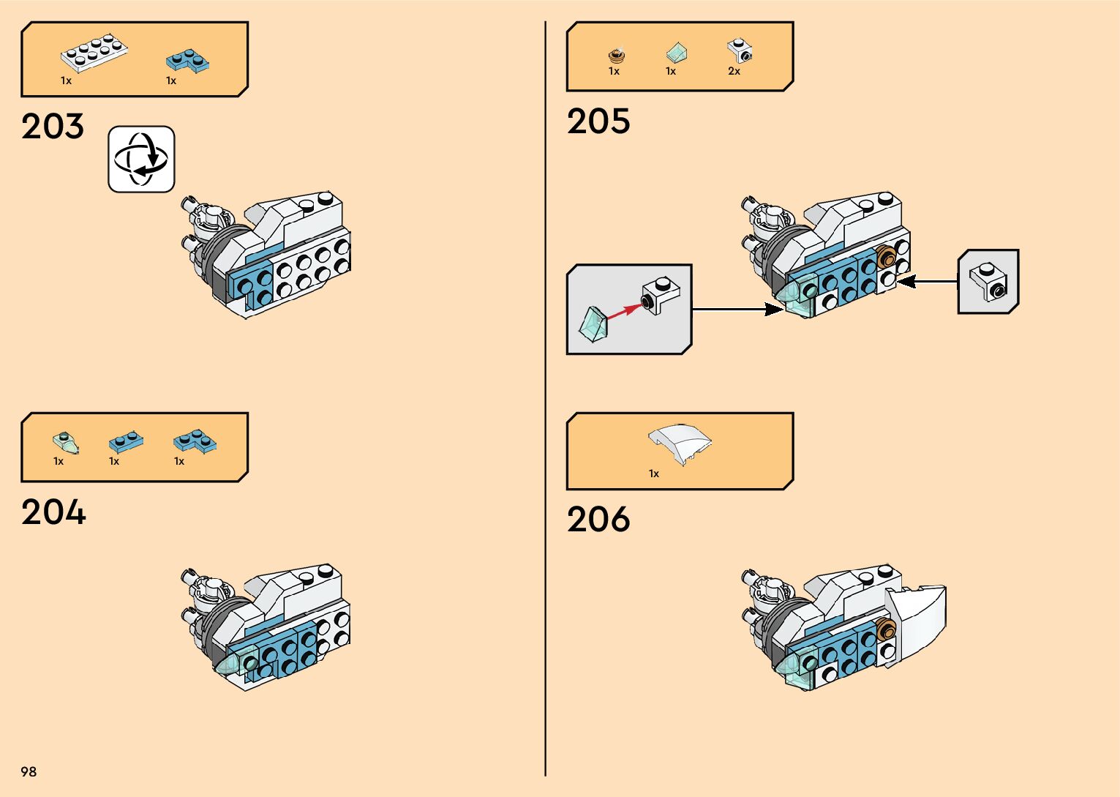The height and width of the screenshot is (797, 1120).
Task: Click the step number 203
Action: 53,127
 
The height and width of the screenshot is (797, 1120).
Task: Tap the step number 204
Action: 53,512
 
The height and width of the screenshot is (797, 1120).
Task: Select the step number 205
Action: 598,121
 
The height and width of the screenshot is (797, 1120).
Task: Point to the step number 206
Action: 598,520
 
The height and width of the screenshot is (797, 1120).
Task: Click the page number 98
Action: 29,771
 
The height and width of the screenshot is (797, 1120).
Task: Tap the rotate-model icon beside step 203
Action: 141,159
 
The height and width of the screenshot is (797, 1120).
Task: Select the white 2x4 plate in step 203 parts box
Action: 94,52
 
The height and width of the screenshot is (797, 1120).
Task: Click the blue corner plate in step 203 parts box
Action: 188,61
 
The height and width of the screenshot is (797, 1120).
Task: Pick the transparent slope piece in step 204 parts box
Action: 64,442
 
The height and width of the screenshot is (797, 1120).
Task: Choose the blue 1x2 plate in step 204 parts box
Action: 126,442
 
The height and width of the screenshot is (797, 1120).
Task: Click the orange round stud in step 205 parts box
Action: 617,55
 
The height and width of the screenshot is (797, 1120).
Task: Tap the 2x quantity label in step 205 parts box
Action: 734,72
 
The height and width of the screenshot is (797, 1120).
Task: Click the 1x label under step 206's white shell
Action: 654,474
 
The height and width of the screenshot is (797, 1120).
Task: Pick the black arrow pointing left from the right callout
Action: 925,281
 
